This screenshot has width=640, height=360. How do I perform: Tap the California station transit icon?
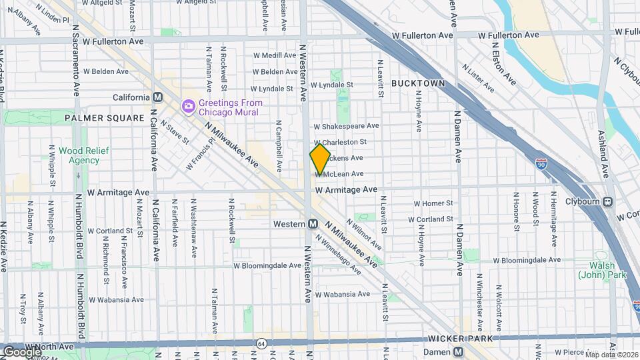point(158,97)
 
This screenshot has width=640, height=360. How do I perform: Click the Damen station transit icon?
point(458,351)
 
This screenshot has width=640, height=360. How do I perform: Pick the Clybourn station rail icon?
point(607,202)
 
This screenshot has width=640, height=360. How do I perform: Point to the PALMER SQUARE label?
point(105,118)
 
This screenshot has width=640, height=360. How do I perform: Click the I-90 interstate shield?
point(541,162)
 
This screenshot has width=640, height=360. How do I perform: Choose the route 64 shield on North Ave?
point(259,343)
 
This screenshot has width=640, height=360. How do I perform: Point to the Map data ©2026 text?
point(612,354)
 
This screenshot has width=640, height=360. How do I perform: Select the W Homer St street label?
point(433,203)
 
